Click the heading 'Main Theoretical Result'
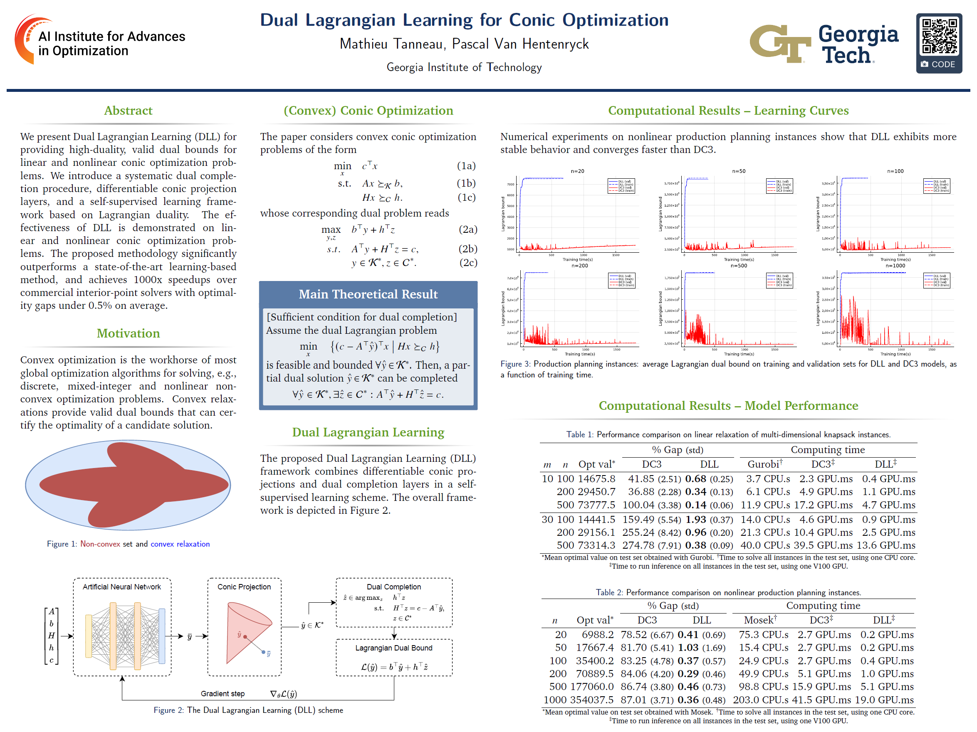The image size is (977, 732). [368, 294]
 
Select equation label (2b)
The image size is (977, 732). [468, 249]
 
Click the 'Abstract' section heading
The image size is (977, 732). [128, 111]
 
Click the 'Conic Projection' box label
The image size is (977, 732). [244, 587]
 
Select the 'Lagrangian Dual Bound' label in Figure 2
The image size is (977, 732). [393, 648]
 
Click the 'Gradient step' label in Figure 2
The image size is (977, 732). [223, 694]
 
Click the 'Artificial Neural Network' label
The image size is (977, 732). [121, 587]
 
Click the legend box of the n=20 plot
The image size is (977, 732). [621, 186]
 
